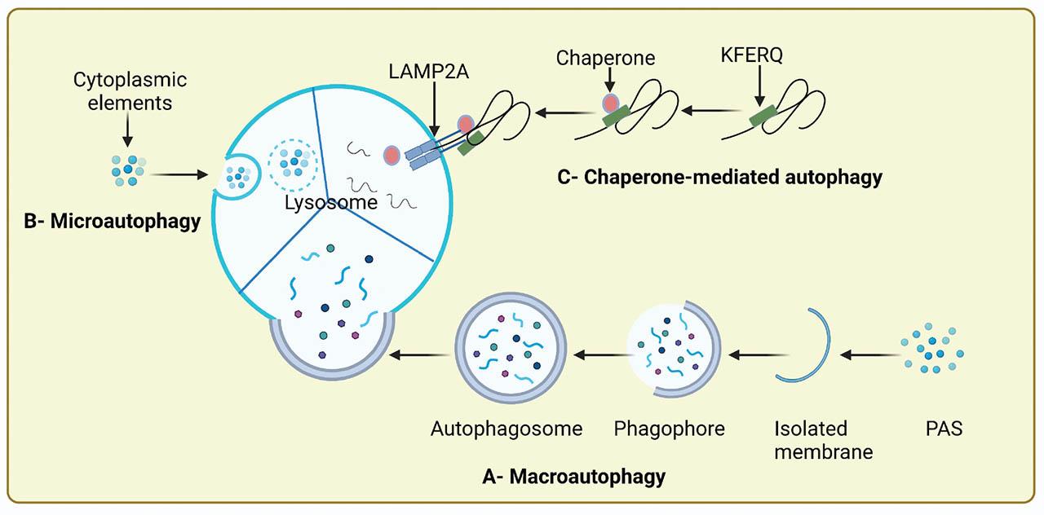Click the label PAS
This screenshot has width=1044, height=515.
tap(944, 428)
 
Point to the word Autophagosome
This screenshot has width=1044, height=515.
tap(507, 428)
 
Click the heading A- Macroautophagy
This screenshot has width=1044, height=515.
tap(573, 477)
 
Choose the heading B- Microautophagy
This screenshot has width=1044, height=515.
tap(113, 221)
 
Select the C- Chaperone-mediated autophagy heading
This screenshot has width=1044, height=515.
tap(719, 177)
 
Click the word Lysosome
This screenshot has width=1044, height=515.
tap(330, 203)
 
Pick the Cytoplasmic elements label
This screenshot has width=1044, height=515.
tap(130, 91)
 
